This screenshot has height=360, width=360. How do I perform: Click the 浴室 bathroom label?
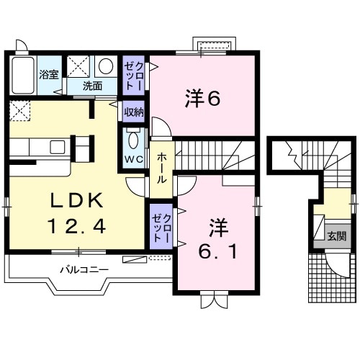coord(49,73)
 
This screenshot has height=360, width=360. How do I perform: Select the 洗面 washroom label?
coord(91,86)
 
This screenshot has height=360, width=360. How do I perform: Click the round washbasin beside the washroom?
coord(106,67)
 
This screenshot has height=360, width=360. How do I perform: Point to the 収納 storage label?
coord(133,112)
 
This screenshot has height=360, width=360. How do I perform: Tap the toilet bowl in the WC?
coord(135,138)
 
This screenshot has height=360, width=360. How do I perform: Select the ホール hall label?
coord(162,166)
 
